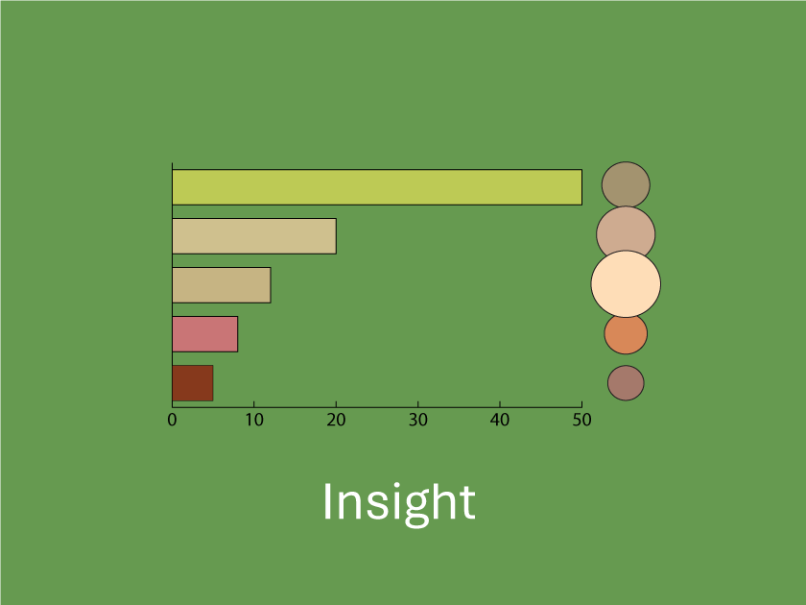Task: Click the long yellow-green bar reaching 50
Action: click(x=377, y=187)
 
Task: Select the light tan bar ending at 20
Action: click(x=254, y=236)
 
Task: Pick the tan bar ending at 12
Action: click(x=221, y=285)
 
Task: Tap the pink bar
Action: click(x=204, y=334)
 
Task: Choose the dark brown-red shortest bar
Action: click(x=192, y=383)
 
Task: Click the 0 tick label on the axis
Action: click(x=172, y=421)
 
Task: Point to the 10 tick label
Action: click(x=254, y=421)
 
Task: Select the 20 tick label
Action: click(x=336, y=421)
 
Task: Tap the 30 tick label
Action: click(x=418, y=421)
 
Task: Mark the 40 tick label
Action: click(x=500, y=421)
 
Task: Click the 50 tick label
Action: click(x=581, y=421)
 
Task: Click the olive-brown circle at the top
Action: click(x=626, y=185)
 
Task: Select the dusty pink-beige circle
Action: click(x=626, y=234)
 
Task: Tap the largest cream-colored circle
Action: click(x=626, y=283)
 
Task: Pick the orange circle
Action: click(x=626, y=333)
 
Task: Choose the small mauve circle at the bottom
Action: click(x=626, y=383)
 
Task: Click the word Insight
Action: click(x=399, y=504)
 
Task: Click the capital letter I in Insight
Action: click(x=327, y=501)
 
